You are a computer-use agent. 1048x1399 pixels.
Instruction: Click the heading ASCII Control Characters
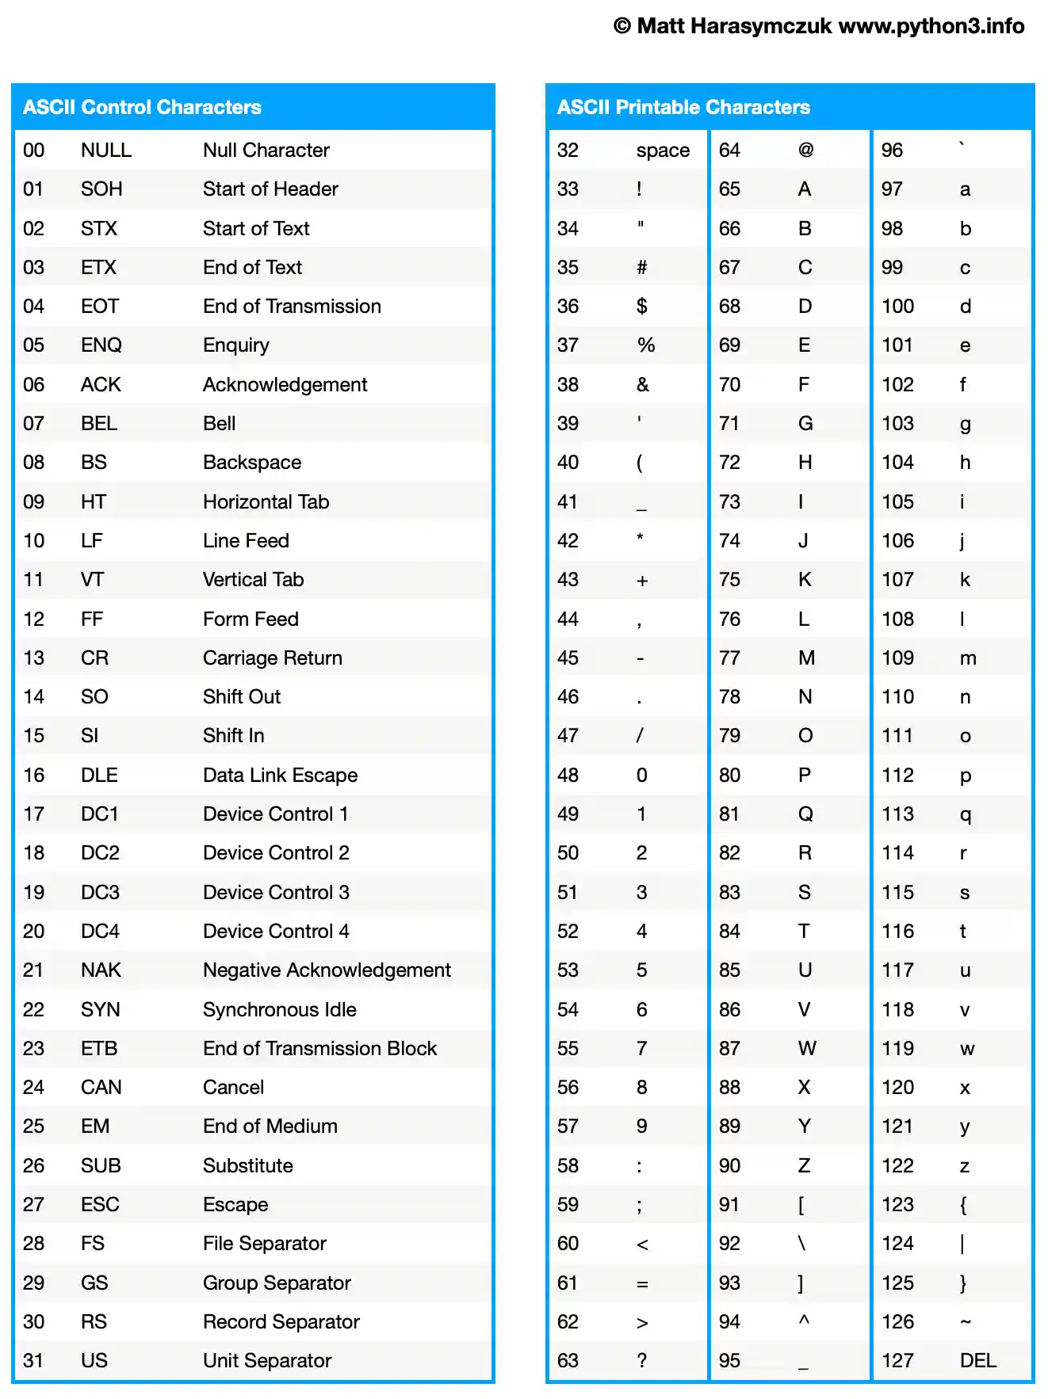pyautogui.click(x=142, y=107)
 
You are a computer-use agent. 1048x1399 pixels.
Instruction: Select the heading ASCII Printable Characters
pyautogui.click(x=683, y=107)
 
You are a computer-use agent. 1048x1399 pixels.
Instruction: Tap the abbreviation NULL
pyautogui.click(x=106, y=151)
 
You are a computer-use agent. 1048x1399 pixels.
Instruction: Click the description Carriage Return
pyautogui.click(x=273, y=658)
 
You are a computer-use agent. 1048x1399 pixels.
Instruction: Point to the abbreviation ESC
pyautogui.click(x=100, y=1204)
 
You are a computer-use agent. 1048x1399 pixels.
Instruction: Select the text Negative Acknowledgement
pyautogui.click(x=327, y=970)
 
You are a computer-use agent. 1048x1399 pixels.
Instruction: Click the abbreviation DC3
pyautogui.click(x=100, y=892)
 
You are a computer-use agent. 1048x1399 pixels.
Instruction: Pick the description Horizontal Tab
pyautogui.click(x=266, y=501)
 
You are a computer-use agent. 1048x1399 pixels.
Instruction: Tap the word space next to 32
pyautogui.click(x=663, y=151)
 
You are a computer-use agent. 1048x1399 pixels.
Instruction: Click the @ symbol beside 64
pyautogui.click(x=805, y=150)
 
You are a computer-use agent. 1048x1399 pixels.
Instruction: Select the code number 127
pyautogui.click(x=897, y=1360)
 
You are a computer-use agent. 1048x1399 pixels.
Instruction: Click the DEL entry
pyautogui.click(x=977, y=1360)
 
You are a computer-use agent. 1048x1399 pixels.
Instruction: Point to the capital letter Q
pyautogui.click(x=805, y=814)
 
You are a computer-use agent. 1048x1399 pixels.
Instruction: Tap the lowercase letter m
pyautogui.click(x=968, y=658)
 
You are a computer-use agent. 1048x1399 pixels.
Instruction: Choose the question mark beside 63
pyautogui.click(x=641, y=1360)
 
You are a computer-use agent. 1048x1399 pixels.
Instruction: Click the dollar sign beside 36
pyautogui.click(x=641, y=306)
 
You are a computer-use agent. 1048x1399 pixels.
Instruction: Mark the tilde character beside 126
pyautogui.click(x=966, y=1321)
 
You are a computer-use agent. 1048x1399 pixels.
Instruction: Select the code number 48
pyautogui.click(x=568, y=775)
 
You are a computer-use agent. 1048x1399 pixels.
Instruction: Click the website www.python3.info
pyautogui.click(x=931, y=26)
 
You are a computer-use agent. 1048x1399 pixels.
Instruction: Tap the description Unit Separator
pyautogui.click(x=267, y=1360)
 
